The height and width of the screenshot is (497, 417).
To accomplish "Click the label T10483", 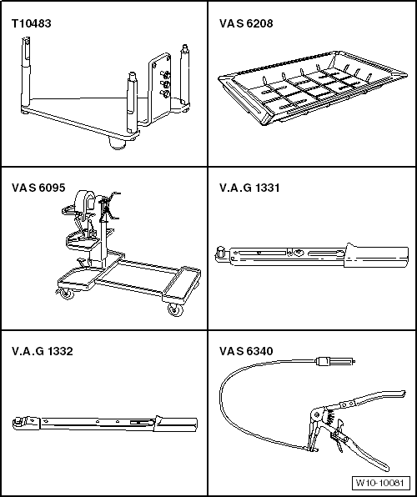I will [31, 23].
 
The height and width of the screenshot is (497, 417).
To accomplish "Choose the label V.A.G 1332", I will [42, 351].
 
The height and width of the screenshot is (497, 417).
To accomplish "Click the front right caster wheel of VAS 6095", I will [174, 310].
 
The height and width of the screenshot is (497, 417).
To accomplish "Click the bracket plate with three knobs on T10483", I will [163, 83].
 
